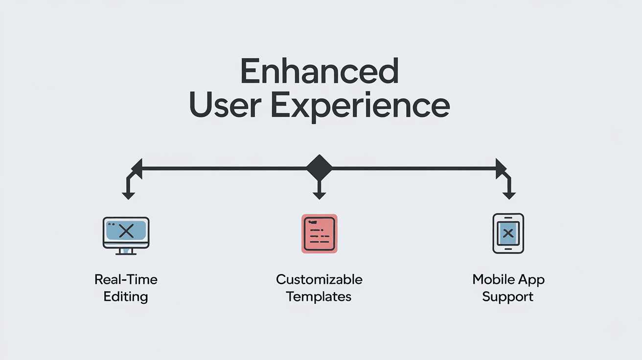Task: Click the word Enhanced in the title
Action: [x=319, y=71]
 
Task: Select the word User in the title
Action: [x=225, y=104]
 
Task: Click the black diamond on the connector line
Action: [x=319, y=168]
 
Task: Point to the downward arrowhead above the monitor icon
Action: [x=128, y=196]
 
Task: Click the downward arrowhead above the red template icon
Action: [x=319, y=196]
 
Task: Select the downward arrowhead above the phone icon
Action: [x=509, y=196]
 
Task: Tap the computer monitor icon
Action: [x=126, y=236]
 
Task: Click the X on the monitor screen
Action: [x=126, y=231]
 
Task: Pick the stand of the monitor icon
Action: [x=126, y=251]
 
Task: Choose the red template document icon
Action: [x=319, y=234]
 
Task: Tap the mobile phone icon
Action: [x=508, y=233]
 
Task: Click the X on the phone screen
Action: [x=508, y=233]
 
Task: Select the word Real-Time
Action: [x=126, y=279]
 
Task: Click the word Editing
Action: [x=126, y=297]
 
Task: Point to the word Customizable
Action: [x=319, y=279]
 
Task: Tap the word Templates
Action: [x=319, y=297]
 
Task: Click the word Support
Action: [x=508, y=297]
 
